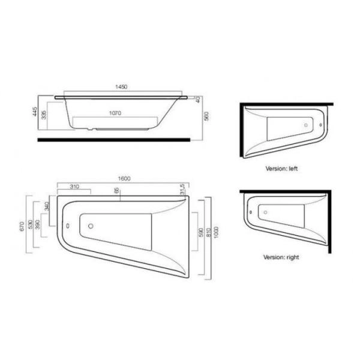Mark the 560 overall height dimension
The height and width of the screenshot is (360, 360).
click(x=205, y=117)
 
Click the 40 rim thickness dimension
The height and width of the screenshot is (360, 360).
click(x=197, y=100)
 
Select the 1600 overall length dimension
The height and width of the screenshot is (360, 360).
click(x=124, y=178)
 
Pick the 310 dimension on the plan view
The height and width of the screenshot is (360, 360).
click(x=74, y=187)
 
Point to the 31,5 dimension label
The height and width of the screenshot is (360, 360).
click(x=182, y=189)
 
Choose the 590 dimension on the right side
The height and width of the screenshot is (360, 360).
click(x=202, y=231)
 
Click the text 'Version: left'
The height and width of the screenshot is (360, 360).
click(x=281, y=169)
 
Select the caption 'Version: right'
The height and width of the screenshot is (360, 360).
click(x=281, y=257)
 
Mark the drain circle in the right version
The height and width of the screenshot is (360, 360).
click(x=264, y=211)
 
